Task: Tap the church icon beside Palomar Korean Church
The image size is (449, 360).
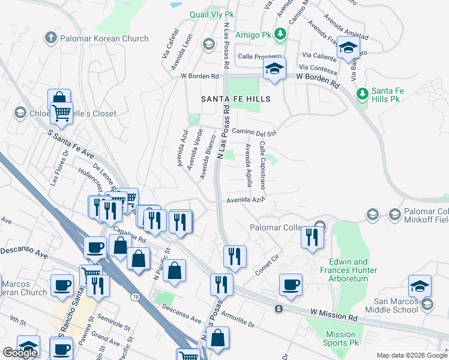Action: [51, 38]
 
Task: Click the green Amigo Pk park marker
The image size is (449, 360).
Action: [280, 34]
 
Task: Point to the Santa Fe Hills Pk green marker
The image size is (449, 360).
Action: [362, 94]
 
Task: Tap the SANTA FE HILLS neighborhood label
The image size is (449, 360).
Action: [235, 98]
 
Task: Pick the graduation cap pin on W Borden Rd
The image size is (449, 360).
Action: [274, 69]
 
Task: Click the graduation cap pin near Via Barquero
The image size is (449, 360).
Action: [348, 49]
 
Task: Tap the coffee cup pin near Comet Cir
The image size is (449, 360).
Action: [291, 285]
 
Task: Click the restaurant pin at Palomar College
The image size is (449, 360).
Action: [312, 237]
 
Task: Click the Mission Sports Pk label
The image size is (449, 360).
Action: [341, 339]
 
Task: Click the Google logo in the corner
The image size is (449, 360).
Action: [20, 353]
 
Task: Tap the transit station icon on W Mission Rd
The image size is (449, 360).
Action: [279, 309]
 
